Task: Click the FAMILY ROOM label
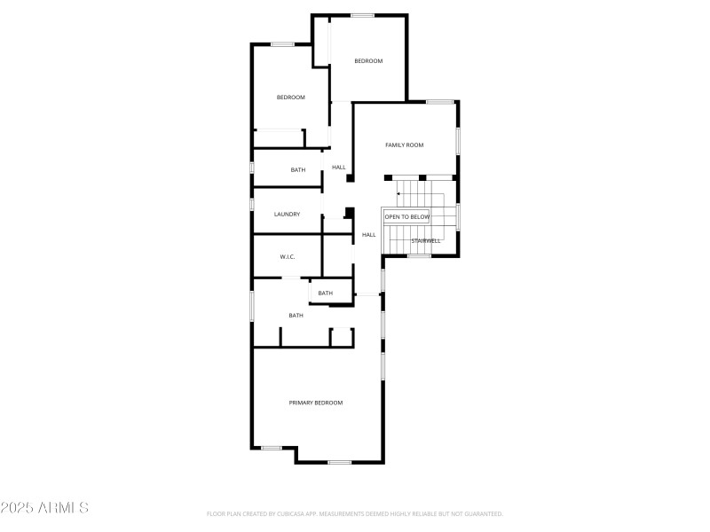click(x=404, y=145)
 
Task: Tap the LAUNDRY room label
click(x=287, y=214)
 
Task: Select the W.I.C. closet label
click(x=287, y=257)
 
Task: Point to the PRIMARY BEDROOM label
click(x=315, y=403)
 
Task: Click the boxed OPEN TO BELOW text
click(x=406, y=216)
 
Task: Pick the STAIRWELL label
click(x=425, y=240)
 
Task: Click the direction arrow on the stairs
click(x=400, y=194)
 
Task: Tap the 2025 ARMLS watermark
click(x=44, y=508)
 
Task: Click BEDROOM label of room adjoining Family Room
click(x=368, y=61)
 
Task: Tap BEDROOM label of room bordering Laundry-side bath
click(x=290, y=98)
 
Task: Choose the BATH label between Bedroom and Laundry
click(x=298, y=170)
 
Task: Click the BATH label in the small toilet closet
click(x=326, y=293)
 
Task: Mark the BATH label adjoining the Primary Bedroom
click(x=296, y=316)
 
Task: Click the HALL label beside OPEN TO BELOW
click(x=368, y=235)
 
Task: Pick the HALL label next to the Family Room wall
click(x=338, y=168)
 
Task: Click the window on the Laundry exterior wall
click(x=252, y=204)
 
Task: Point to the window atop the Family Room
click(x=439, y=102)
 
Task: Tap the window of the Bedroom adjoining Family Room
click(x=362, y=15)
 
